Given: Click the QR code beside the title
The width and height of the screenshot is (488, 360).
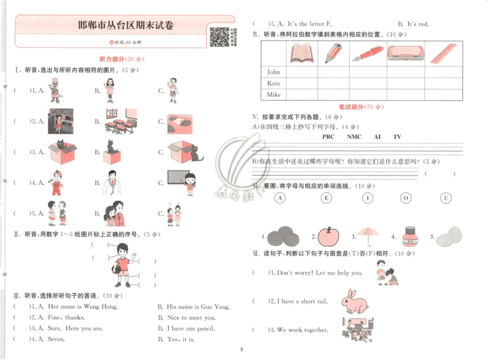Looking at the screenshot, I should click(220, 37).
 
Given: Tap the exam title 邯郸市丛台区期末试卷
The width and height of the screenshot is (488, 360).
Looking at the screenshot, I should click(126, 26).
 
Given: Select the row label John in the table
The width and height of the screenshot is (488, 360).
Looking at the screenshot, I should click(273, 71).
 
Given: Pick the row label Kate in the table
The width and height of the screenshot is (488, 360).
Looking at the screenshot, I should click(273, 83).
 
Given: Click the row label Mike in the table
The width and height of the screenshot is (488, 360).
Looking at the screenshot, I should click(273, 95).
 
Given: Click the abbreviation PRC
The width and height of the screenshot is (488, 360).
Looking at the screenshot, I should click(328, 137).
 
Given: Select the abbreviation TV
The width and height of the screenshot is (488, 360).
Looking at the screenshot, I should click(397, 137).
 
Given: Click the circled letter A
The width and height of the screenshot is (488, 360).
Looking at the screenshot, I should click(280, 198).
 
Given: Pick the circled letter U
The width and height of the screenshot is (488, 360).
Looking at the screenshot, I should click(446, 198).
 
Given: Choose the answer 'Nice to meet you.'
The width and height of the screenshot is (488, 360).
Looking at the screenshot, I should click(191, 318).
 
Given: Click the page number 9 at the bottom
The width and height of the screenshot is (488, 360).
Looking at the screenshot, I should click(242, 350).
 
